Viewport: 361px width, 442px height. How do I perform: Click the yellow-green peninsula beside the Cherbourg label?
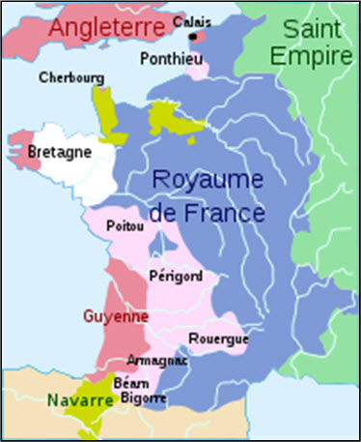pyautogui.click(x=103, y=103)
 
